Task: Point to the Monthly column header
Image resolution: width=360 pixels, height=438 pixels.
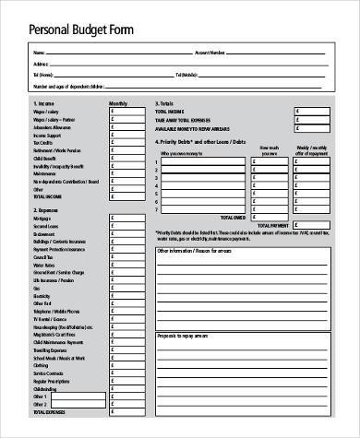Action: click(x=119, y=102)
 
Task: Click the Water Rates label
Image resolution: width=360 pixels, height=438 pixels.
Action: click(x=43, y=264)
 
